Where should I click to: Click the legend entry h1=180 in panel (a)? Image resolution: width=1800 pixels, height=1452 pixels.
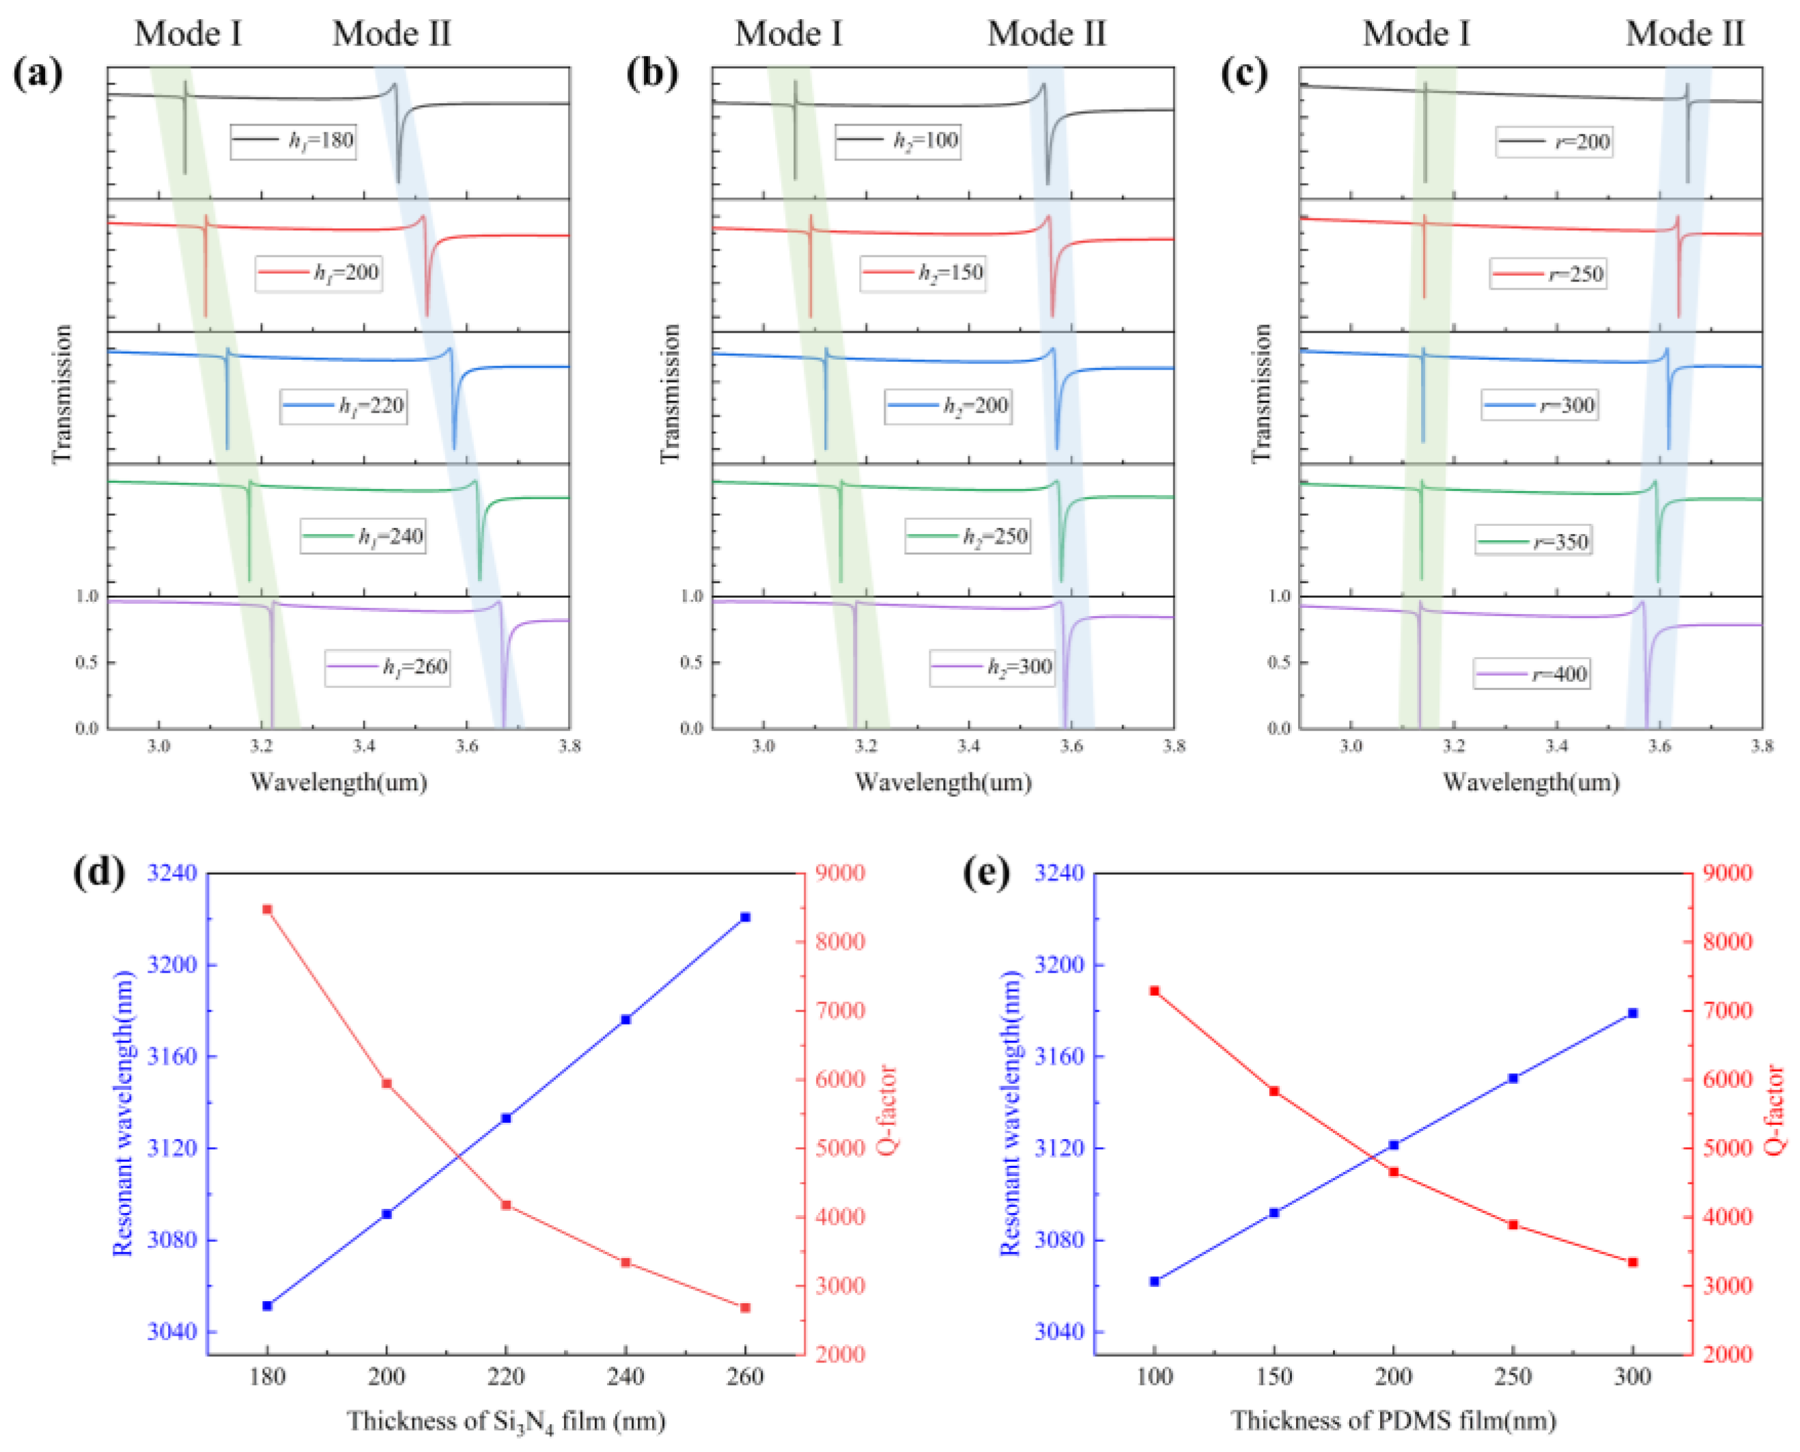click(x=293, y=141)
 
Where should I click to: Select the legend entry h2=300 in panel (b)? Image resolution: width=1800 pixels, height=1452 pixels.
click(x=992, y=667)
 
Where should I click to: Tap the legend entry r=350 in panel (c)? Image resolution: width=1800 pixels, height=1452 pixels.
click(x=1532, y=541)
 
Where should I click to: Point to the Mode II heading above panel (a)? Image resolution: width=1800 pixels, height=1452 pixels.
click(x=391, y=33)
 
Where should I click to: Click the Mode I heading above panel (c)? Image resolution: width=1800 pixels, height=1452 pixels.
click(x=1416, y=33)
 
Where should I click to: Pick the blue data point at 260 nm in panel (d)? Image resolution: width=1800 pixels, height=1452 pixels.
click(x=745, y=917)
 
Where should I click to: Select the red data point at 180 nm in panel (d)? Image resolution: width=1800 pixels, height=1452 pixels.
click(x=268, y=909)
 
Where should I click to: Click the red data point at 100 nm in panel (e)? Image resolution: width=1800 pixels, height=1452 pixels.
click(x=1155, y=991)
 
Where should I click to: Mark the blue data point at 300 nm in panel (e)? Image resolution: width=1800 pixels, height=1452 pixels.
click(x=1632, y=1013)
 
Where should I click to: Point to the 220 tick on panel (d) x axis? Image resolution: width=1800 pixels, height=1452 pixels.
click(x=506, y=1377)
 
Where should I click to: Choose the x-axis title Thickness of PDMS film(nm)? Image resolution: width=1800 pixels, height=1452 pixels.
click(x=1393, y=1421)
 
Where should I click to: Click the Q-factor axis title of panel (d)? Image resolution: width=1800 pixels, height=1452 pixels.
click(x=887, y=1110)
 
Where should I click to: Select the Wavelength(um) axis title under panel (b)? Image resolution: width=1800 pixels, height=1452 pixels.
click(x=943, y=782)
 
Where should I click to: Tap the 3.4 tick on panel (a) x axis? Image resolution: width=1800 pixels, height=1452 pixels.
click(x=364, y=746)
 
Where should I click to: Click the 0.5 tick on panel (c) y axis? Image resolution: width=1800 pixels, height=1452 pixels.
click(x=1279, y=662)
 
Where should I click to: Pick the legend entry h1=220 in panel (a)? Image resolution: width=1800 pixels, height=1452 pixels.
click(x=343, y=406)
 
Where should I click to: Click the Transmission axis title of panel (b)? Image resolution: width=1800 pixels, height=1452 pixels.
click(x=670, y=393)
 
